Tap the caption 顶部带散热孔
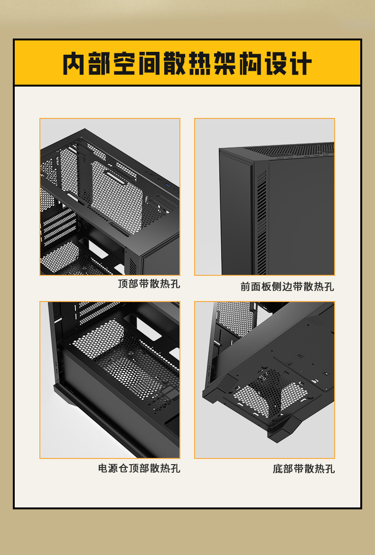149,283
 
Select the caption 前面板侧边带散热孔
287,286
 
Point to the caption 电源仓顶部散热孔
139,468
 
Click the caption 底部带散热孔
303,468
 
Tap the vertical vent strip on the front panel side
262,223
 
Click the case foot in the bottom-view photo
283,428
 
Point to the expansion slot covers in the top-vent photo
59,226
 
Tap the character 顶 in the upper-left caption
123,283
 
